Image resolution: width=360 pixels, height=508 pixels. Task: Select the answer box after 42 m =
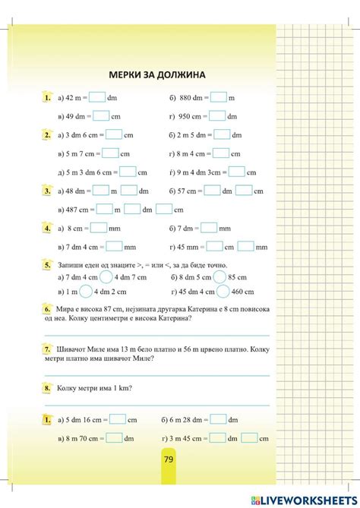pyautogui.click(x=97, y=97)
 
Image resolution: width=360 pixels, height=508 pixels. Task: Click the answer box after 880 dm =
pyautogui.click(x=219, y=97)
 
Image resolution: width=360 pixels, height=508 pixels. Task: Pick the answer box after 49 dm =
pyautogui.click(x=101, y=116)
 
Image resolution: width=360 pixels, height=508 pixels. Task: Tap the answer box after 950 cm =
pyautogui.click(x=217, y=116)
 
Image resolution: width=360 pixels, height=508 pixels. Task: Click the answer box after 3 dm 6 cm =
pyautogui.click(x=114, y=134)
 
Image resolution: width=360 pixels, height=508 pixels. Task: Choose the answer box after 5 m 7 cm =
pyautogui.click(x=108, y=153)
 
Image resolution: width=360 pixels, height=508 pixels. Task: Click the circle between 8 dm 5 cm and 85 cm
pyautogui.click(x=219, y=277)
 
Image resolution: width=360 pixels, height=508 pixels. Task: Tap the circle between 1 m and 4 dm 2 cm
pyautogui.click(x=86, y=292)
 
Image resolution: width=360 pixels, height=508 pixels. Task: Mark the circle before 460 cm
pyautogui.click(x=223, y=292)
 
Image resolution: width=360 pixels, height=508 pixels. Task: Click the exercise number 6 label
pyautogui.click(x=47, y=310)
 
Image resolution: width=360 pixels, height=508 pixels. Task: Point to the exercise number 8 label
pyautogui.click(x=47, y=388)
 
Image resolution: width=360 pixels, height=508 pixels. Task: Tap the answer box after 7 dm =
pyautogui.click(x=209, y=228)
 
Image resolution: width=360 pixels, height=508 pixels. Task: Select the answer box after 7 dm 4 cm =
pyautogui.click(x=114, y=246)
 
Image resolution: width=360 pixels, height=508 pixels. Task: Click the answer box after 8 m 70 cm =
pyautogui.click(x=114, y=437)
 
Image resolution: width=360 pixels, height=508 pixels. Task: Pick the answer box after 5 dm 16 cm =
pyautogui.click(x=117, y=419)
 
